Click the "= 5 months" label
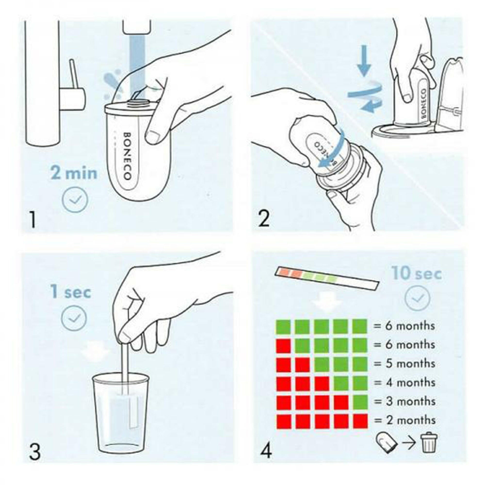(x=404, y=364)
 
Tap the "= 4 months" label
(x=404, y=383)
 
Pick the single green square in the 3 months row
(x=360, y=402)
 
